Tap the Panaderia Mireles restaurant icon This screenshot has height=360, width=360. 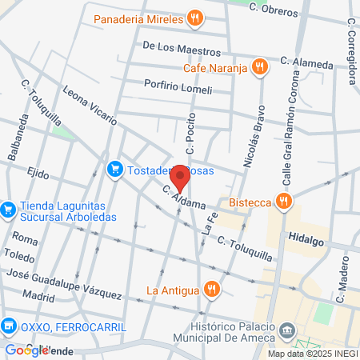tap(194, 18)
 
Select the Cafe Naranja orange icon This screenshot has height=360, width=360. tap(258, 68)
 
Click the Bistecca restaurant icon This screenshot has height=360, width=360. tap(282, 201)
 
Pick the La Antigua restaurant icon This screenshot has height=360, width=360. tap(211, 289)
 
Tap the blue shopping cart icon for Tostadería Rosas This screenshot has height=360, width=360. tap(115, 169)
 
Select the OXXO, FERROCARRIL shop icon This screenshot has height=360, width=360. tap(9, 326)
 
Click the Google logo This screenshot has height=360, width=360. tap(26, 350)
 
